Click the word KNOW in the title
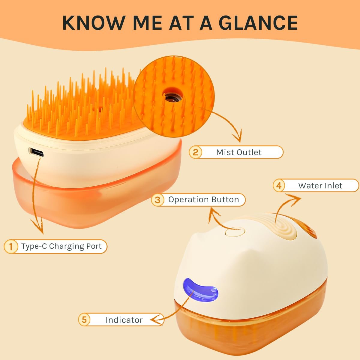tap(94, 23)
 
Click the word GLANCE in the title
tap(258, 23)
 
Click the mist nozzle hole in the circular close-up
tap(173, 97)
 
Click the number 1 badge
tap(11, 246)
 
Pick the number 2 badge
tap(195, 152)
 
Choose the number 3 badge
tap(158, 200)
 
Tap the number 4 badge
tap(279, 185)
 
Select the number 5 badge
tap(84, 319)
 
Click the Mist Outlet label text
tap(239, 152)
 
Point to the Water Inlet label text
tap(320, 186)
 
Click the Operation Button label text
tap(204, 200)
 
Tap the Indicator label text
tap(124, 320)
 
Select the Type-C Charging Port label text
tap(61, 246)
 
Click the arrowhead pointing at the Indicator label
tap(156, 319)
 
